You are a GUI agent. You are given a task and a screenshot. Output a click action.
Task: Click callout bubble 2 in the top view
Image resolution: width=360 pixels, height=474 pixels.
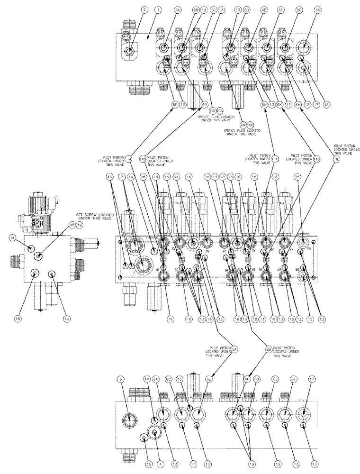tap(131, 10)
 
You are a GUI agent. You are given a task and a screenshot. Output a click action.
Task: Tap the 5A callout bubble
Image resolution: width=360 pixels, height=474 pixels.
tap(164, 10)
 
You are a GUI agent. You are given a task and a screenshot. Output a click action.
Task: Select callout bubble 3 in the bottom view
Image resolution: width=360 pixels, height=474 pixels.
tap(122, 380)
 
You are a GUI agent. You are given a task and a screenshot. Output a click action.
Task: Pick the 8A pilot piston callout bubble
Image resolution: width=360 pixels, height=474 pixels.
tap(234, 348)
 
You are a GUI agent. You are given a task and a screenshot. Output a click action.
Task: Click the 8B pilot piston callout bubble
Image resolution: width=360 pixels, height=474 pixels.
tap(268, 348)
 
